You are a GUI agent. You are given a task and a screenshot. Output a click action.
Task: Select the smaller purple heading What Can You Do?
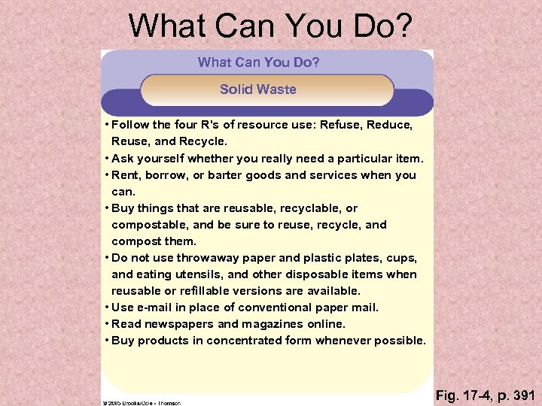click(258, 62)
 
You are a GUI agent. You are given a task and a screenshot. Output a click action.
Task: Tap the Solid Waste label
click(258, 89)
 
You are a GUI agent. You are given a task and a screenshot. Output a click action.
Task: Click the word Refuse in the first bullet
click(341, 125)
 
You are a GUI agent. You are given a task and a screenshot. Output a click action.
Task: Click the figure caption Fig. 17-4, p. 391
click(486, 395)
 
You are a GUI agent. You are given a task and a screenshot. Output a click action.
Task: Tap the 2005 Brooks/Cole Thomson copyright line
click(142, 403)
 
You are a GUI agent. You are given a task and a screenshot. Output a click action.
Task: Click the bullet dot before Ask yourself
click(108, 159)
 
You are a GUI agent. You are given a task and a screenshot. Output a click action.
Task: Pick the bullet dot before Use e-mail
click(108, 308)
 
